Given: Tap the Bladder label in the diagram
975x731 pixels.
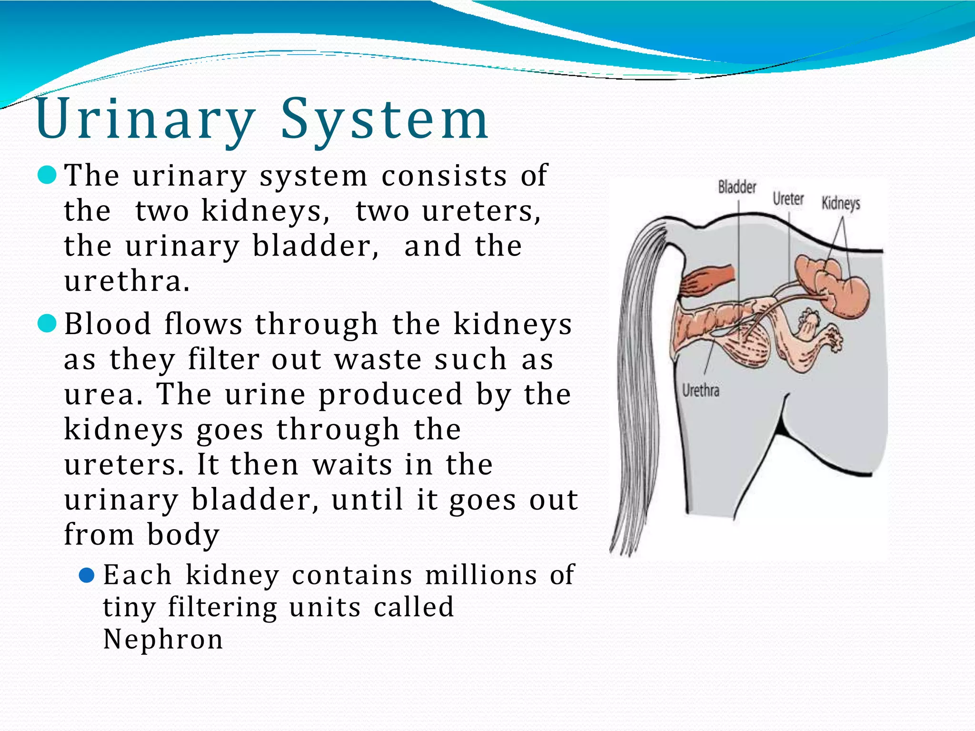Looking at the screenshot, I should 737,187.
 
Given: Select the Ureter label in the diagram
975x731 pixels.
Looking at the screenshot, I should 788,199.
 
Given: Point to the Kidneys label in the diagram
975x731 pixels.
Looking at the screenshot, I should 841,204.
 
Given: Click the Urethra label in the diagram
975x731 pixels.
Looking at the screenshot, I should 700,391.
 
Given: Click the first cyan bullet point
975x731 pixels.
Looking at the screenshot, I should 47,175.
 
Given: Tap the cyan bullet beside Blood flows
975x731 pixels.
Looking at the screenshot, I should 47,324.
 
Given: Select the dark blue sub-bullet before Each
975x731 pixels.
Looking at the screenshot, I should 87,575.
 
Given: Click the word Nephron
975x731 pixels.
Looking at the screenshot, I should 163,639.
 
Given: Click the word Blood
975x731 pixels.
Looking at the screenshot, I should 108,324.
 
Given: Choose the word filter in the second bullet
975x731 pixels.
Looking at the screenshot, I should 223,359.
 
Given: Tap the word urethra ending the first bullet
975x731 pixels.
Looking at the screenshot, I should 127,281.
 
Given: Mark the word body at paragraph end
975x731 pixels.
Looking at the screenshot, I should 183,535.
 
